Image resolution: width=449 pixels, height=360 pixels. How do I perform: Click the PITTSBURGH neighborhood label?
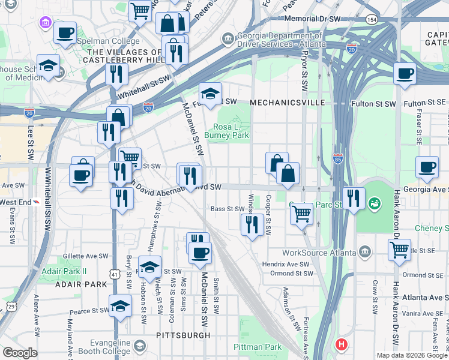click(183, 335)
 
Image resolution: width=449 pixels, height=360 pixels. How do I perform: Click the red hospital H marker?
click(342, 344)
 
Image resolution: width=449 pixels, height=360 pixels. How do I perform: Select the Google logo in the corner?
click(20, 353)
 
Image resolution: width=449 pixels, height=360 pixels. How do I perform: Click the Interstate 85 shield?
click(338, 159)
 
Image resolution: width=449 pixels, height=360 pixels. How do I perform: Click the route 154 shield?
click(372, 20)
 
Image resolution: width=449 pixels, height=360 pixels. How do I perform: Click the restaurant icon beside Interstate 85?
click(354, 199)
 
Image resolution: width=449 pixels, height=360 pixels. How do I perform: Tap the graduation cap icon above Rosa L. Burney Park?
click(210, 94)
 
